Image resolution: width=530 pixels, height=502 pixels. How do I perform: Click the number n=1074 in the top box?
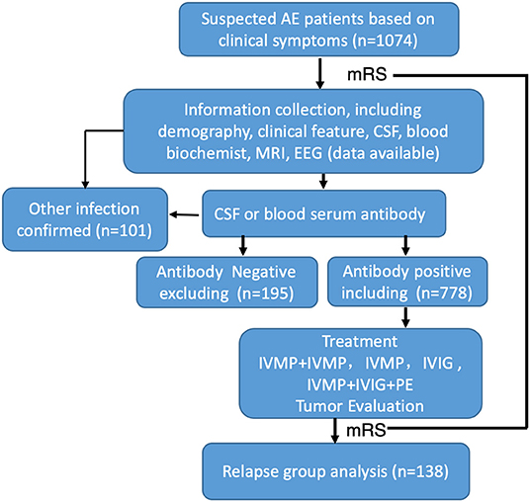(385, 41)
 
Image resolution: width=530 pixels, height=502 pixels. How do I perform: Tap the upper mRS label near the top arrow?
(367, 74)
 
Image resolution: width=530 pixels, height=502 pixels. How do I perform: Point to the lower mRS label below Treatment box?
(366, 430)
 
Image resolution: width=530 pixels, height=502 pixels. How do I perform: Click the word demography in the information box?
(204, 131)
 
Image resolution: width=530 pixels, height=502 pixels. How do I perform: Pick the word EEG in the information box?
(309, 153)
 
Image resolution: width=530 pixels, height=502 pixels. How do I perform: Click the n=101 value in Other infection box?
(124, 230)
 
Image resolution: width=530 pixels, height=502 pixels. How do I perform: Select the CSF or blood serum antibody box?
(323, 213)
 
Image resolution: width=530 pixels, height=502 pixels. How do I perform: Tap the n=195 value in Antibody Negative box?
(265, 293)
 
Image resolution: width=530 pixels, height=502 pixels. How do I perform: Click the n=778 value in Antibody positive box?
(444, 293)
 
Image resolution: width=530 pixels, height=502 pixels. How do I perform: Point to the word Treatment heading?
(360, 342)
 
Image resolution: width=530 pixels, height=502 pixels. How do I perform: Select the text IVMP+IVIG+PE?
(360, 384)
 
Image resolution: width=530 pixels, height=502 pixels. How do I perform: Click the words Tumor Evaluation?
(360, 406)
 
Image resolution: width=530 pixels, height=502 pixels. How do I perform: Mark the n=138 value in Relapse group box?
(420, 471)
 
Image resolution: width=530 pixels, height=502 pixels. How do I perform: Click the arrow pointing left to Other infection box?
(184, 214)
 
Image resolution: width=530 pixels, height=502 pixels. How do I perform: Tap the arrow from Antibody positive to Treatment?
(406, 317)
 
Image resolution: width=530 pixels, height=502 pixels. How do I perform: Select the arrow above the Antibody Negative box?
(243, 246)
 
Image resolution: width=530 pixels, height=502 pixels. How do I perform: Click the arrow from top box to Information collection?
(319, 74)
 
